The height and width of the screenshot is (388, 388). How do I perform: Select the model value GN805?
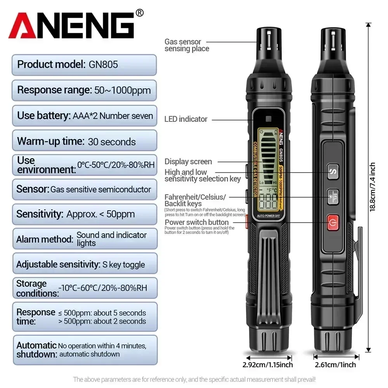[x=103, y=64]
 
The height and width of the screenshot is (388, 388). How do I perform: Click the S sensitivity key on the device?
[x=333, y=171]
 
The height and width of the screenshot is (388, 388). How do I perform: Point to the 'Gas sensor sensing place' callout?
[x=187, y=45]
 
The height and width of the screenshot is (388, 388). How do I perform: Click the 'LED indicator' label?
[x=186, y=119]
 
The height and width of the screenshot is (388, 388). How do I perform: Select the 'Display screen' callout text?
[x=188, y=161]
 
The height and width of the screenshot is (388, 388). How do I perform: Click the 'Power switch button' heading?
[x=197, y=222]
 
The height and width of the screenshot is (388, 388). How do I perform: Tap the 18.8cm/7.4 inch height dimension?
[x=372, y=186]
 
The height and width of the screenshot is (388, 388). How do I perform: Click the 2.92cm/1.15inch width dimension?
[x=267, y=365]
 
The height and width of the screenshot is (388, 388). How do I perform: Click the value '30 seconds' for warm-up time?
[x=112, y=142]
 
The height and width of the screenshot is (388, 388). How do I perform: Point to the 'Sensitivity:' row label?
[x=40, y=214]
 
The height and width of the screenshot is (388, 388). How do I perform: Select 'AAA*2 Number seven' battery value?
[x=113, y=116]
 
